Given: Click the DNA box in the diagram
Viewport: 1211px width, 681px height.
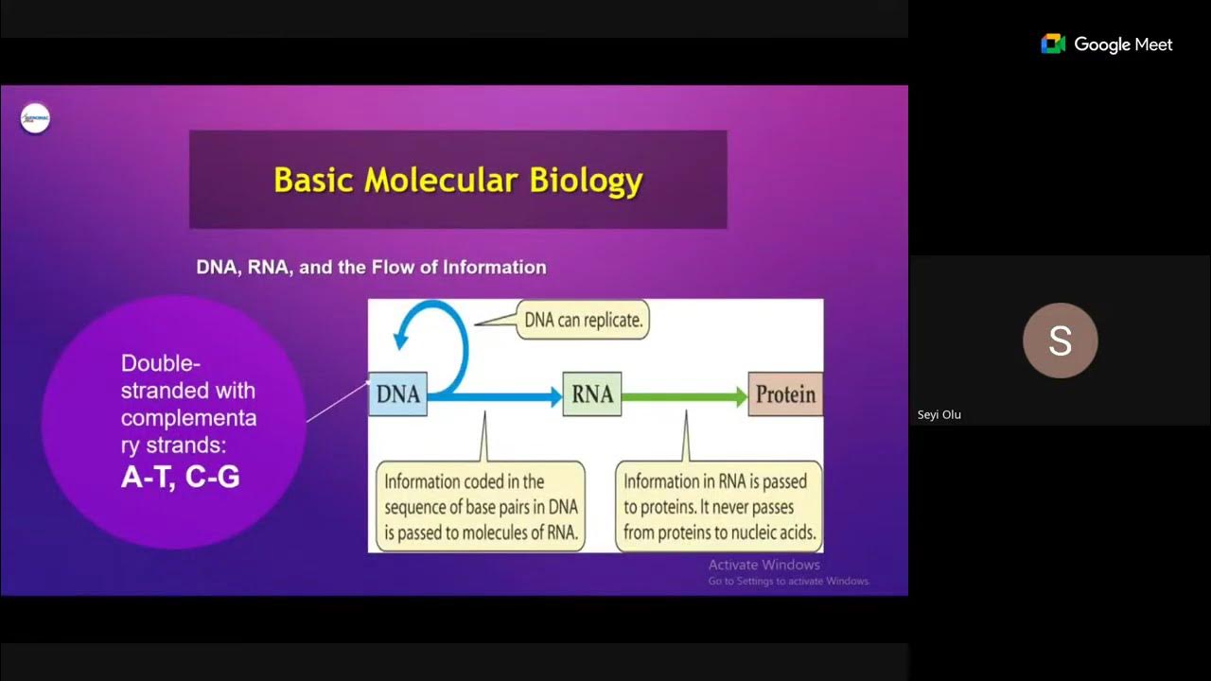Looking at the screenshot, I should point(397,394).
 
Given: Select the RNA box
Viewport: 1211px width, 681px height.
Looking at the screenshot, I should point(592,394).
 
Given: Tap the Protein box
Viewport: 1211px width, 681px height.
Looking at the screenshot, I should point(785,394).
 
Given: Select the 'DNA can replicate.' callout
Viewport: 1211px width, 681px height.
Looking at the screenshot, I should point(584,320).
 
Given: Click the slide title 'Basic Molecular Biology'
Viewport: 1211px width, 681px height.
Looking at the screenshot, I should point(458,180).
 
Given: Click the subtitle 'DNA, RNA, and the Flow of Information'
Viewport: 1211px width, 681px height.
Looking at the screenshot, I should point(371,268).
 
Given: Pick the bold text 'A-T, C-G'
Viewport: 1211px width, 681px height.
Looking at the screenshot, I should point(180,477).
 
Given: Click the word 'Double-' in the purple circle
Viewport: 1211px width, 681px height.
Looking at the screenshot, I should point(161,363).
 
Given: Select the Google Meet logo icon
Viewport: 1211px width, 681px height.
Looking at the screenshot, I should point(1053,44).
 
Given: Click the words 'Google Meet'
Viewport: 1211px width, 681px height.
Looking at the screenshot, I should point(1123,44).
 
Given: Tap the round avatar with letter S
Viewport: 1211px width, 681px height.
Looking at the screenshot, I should point(1060,340).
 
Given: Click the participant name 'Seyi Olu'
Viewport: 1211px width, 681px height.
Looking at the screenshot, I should point(939,414).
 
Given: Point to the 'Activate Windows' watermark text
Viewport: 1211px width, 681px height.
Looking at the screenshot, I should point(764,565).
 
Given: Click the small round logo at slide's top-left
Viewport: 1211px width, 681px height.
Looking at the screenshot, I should point(35,119).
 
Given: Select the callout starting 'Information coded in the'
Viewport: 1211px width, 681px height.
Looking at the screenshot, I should point(480,507).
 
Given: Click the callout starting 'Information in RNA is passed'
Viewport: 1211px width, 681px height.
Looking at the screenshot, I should point(719,507).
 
